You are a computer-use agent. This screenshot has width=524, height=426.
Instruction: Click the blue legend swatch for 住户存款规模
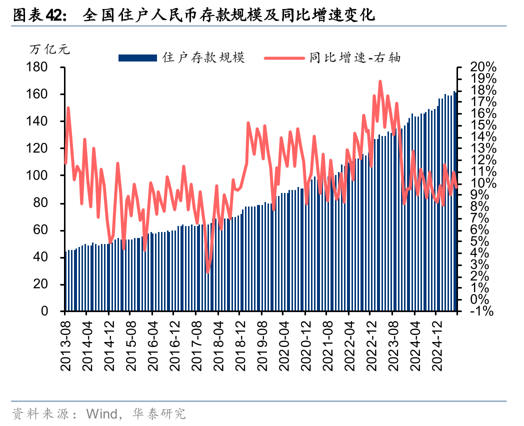(138, 58)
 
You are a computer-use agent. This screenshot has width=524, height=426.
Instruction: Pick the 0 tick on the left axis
(56, 311)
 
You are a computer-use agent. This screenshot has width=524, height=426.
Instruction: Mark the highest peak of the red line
(380, 81)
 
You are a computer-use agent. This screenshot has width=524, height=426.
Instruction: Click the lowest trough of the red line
(207, 272)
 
